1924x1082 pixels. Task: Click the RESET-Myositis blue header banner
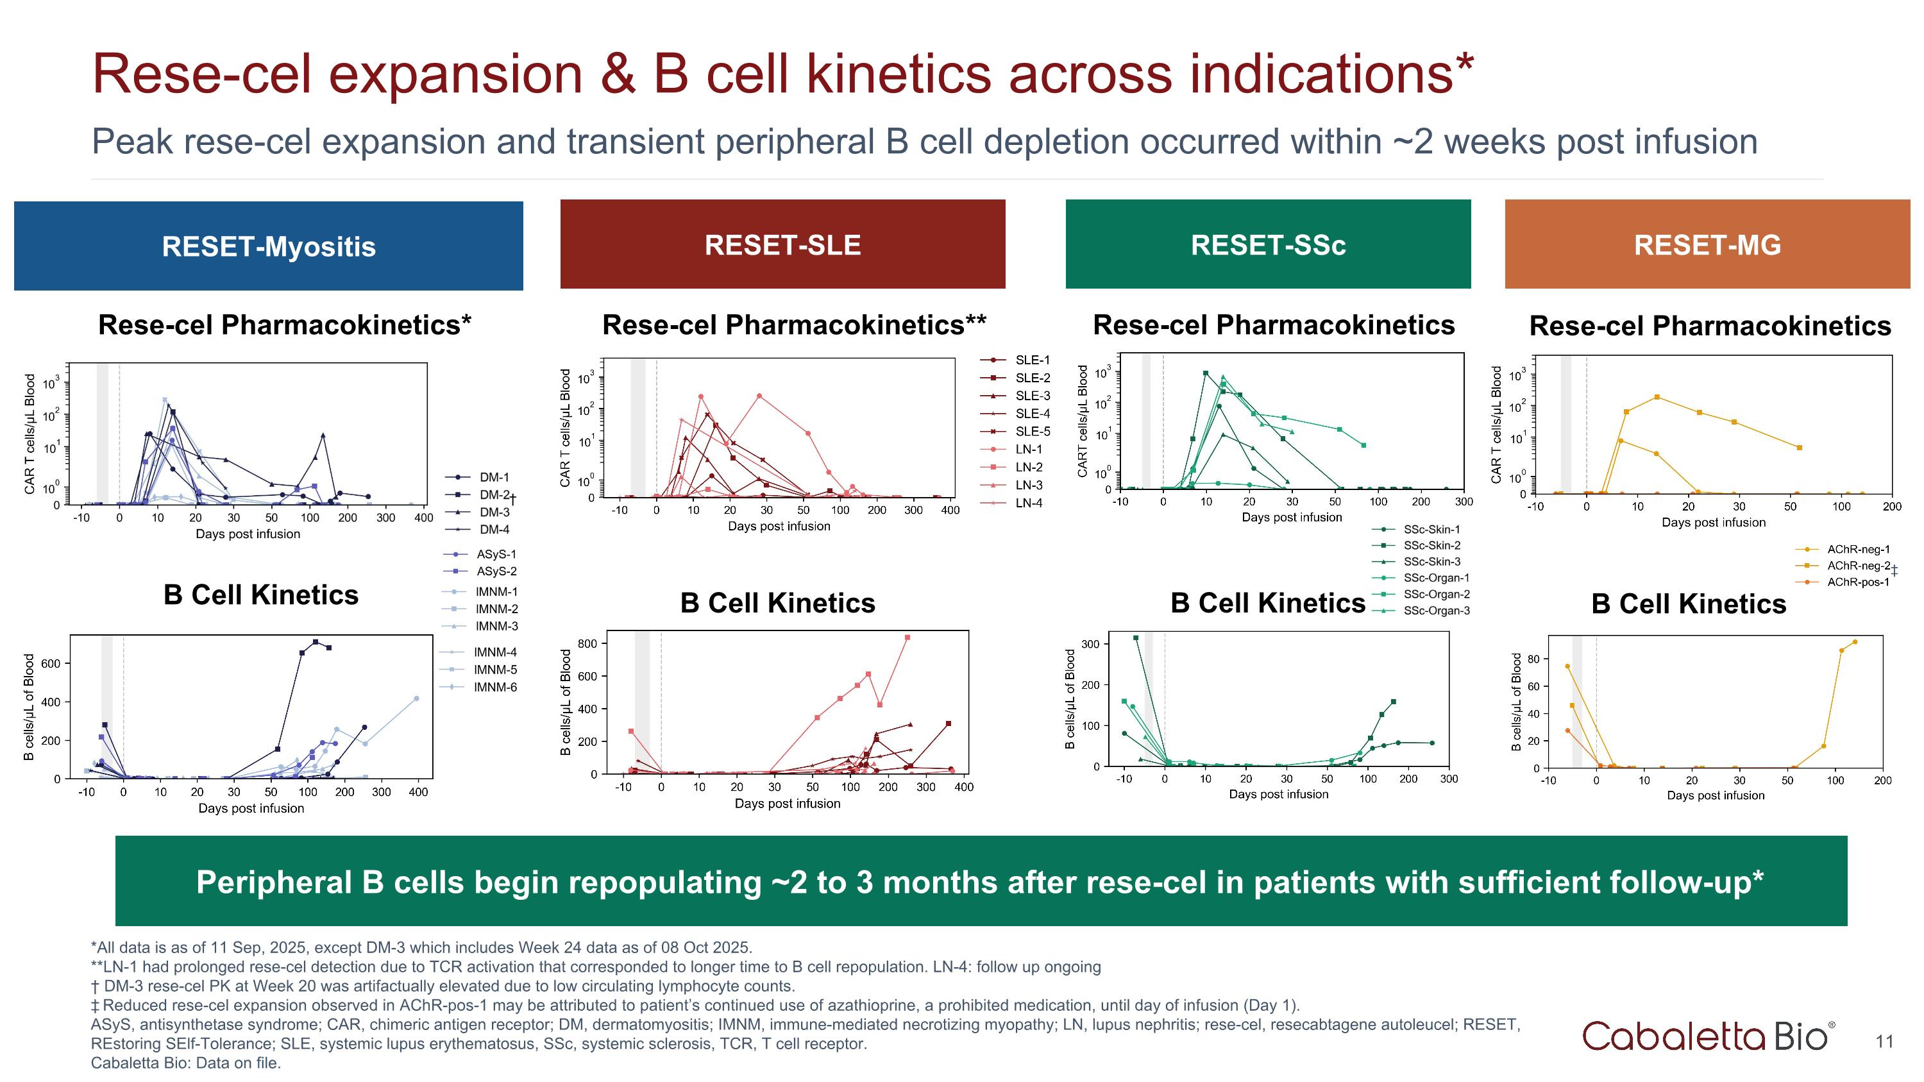[268, 246]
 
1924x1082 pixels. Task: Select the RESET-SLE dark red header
[782, 244]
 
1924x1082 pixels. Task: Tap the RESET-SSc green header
[1267, 244]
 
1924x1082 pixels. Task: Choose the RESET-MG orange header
[1707, 244]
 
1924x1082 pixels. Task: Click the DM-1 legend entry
[493, 477]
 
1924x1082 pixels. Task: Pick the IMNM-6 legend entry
[494, 687]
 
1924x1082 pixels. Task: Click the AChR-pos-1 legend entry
[1857, 582]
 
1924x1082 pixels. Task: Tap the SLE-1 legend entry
[1031, 360]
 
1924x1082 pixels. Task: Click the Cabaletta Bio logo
[1707, 1036]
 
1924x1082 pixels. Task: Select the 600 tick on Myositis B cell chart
[51, 663]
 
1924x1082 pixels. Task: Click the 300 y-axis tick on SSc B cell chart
[1090, 644]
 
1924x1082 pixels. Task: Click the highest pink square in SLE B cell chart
[907, 638]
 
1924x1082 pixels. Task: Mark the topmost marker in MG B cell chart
[1855, 642]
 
